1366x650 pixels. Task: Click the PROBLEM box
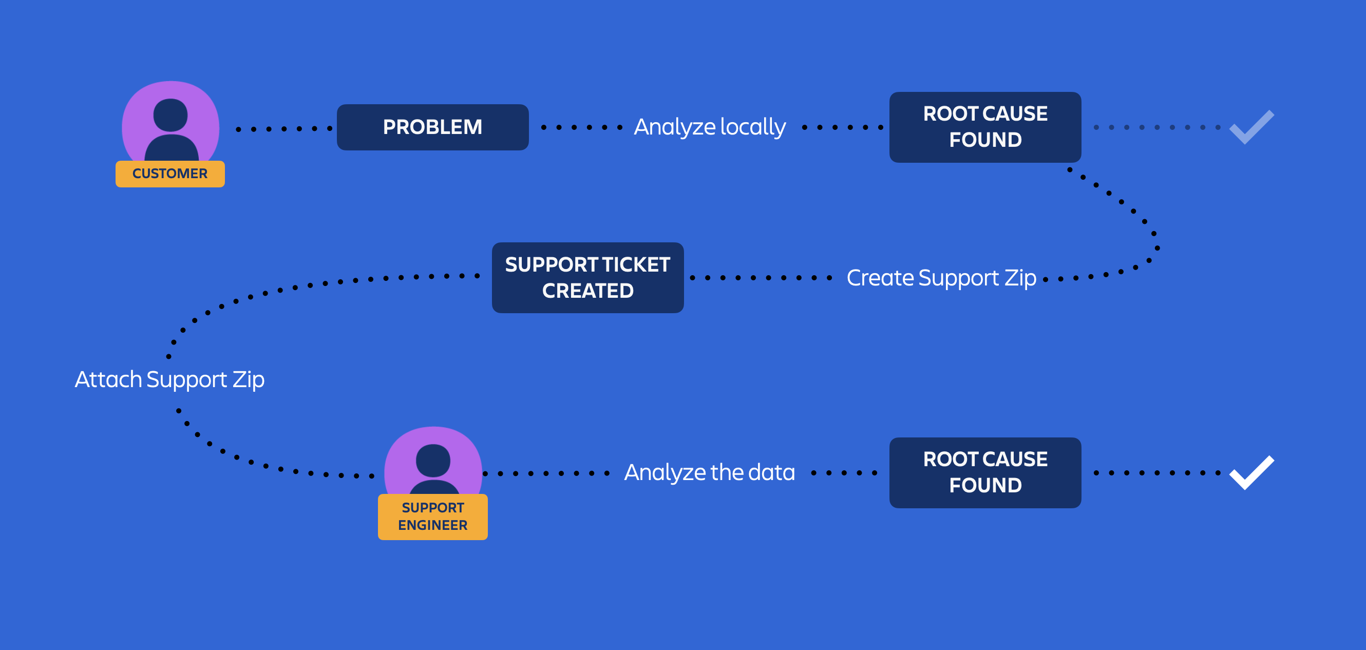[x=432, y=127]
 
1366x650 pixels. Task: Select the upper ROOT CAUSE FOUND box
[x=985, y=127]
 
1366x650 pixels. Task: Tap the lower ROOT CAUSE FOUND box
[x=985, y=472]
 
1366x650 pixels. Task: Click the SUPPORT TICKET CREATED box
[x=587, y=277]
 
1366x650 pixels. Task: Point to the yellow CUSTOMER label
[x=169, y=174]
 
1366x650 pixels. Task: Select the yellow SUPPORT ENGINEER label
[x=432, y=517]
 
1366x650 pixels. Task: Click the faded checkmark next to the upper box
[x=1251, y=128]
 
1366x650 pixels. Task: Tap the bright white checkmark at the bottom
[x=1251, y=473]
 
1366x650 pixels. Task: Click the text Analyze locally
[x=710, y=127]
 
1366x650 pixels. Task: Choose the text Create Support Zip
[x=941, y=278]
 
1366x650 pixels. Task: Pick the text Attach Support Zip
[x=169, y=379]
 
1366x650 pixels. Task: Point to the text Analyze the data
[x=710, y=472]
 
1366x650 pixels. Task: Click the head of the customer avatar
[x=170, y=114]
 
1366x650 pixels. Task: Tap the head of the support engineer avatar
[x=433, y=460]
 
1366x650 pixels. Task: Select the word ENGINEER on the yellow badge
[x=432, y=525]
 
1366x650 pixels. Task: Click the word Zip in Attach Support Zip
[x=248, y=379]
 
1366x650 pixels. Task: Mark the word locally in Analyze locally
[x=753, y=127]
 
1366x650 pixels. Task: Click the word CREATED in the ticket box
[x=587, y=291]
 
